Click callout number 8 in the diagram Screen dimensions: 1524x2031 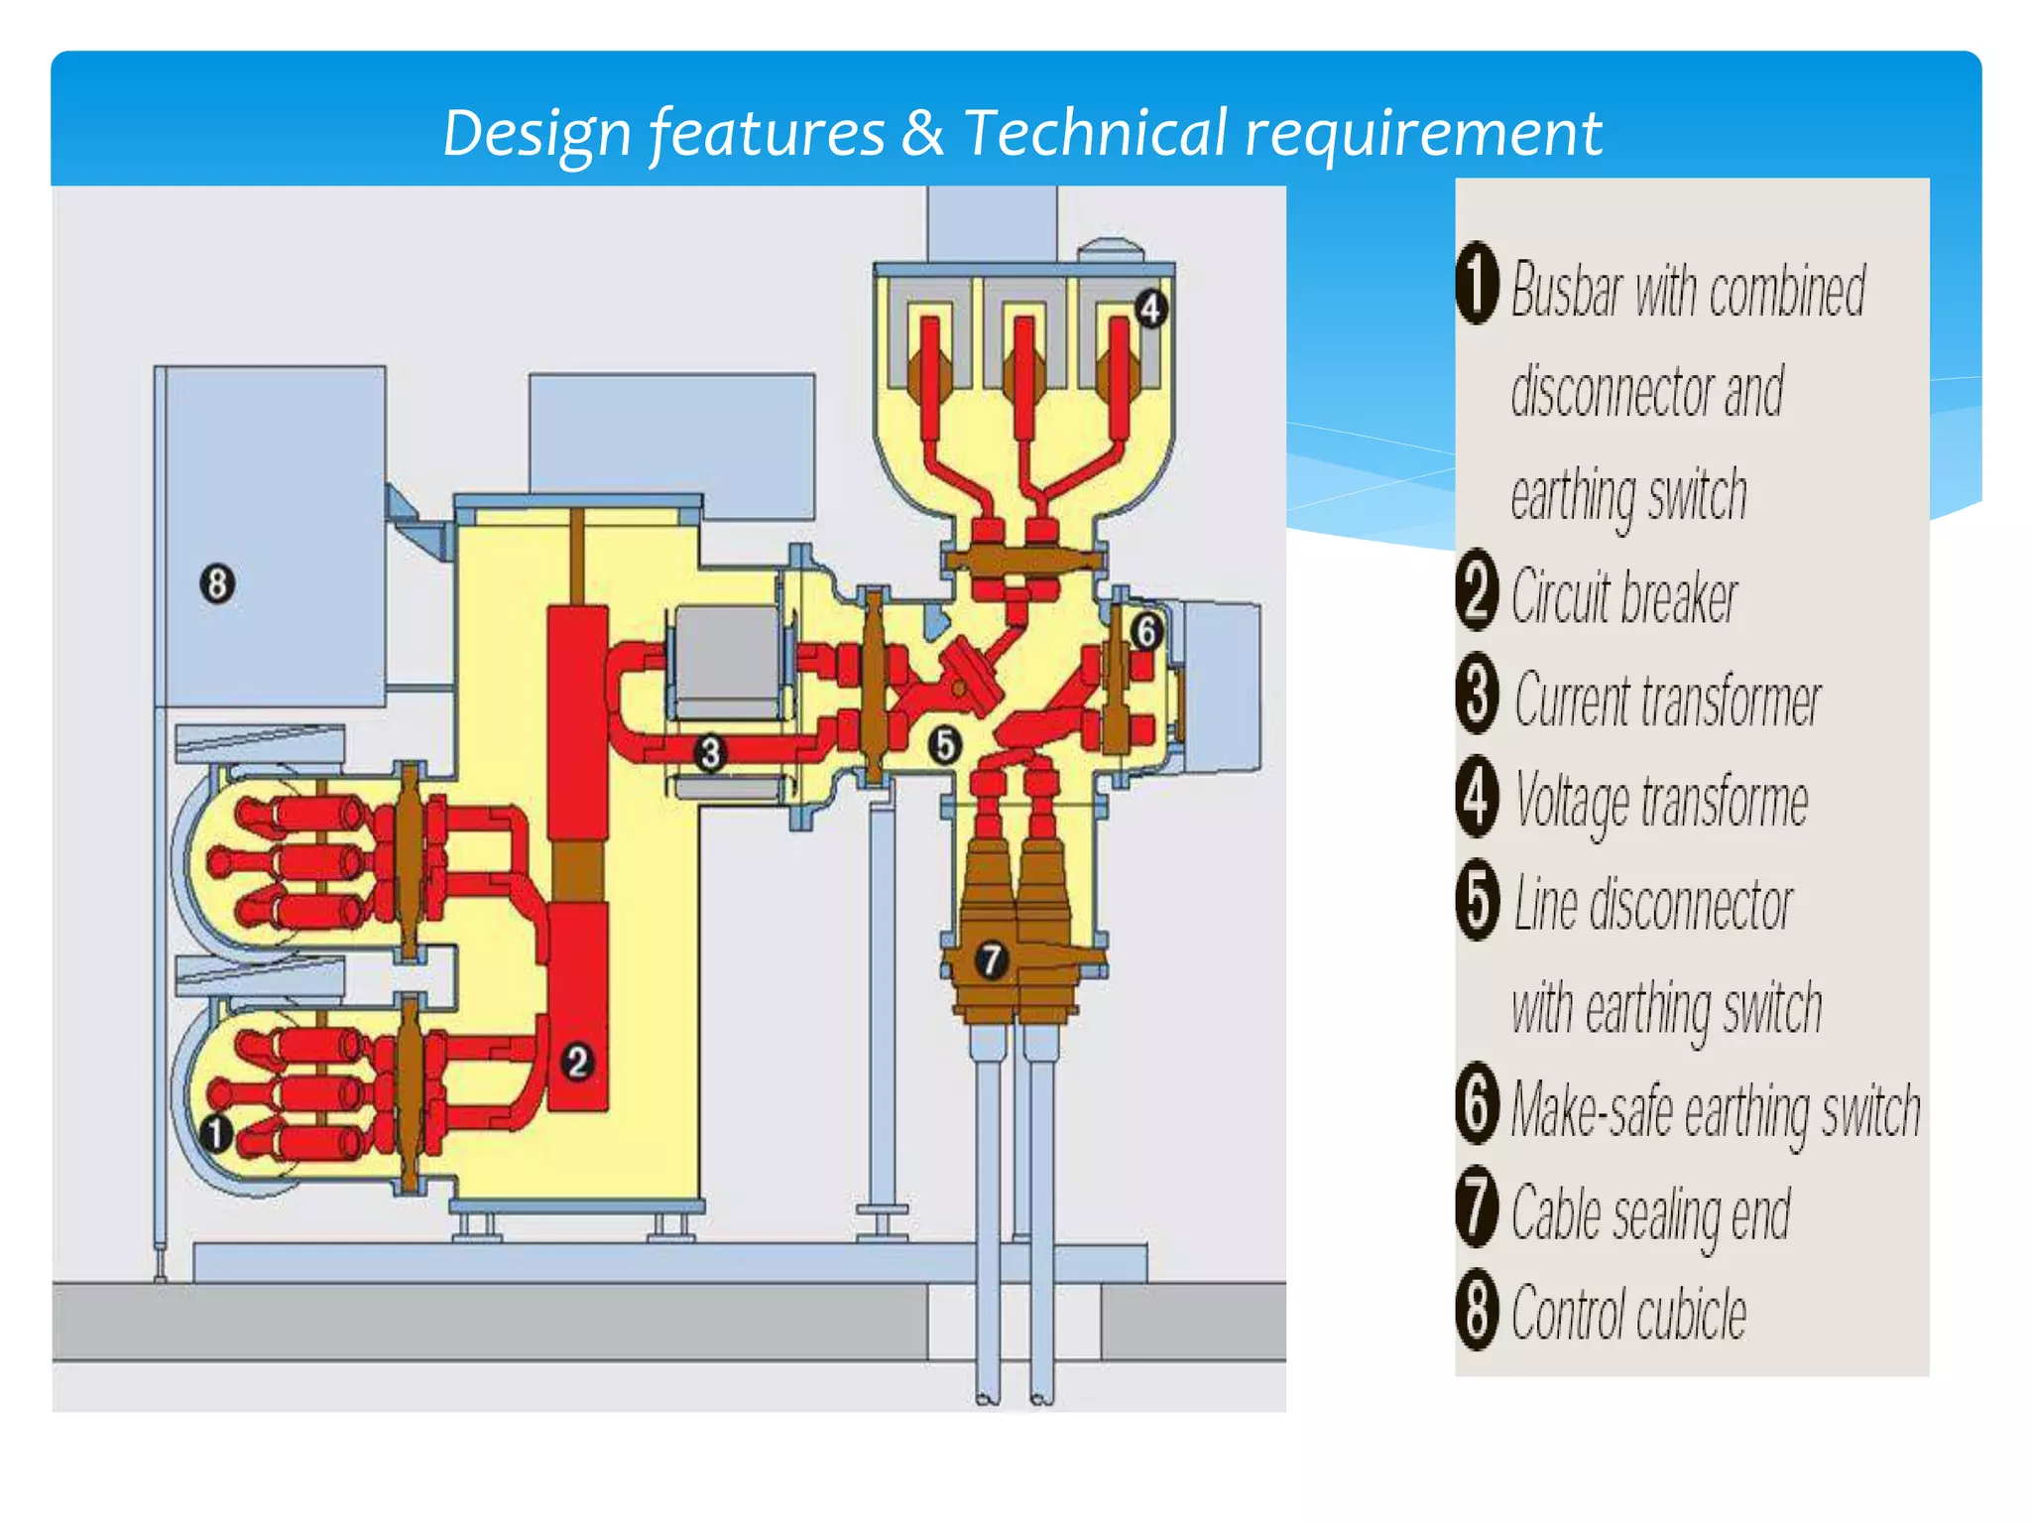[217, 583]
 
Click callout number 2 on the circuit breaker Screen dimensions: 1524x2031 [578, 1063]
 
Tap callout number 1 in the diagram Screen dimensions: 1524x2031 [216, 1133]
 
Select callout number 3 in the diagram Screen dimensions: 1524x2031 [710, 753]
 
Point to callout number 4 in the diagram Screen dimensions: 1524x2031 [1149, 309]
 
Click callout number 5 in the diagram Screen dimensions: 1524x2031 [945, 744]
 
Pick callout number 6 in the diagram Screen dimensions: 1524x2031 [1146, 631]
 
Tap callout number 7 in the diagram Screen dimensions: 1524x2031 [992, 959]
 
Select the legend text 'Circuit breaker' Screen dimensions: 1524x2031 [1624, 596]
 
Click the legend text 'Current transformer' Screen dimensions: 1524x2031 [1667, 699]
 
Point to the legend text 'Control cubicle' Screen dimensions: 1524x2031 [1628, 1314]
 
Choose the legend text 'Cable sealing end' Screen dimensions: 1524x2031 [1650, 1212]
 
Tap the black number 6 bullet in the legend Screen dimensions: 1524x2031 [1478, 1104]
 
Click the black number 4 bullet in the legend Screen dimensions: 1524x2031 [1478, 797]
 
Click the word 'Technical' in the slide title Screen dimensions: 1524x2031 [1096, 133]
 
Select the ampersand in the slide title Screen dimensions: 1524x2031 [922, 133]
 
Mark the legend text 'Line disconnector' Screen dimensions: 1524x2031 [1653, 904]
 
